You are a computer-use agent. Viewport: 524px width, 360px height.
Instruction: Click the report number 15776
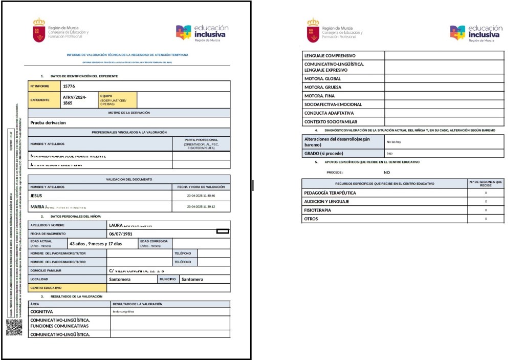69,87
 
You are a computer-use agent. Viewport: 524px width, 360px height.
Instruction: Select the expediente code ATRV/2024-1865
74,100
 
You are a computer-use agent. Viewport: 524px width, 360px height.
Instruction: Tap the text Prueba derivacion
48,123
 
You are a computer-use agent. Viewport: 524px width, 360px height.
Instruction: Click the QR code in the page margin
14,327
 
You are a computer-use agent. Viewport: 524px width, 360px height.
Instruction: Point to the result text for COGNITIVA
123,311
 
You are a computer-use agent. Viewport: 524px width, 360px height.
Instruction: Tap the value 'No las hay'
393,141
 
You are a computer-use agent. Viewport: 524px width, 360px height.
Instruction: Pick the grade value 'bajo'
389,153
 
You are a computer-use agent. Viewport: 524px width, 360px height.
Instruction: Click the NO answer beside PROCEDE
387,173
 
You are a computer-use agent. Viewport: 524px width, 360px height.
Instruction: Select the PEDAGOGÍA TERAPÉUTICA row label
330,193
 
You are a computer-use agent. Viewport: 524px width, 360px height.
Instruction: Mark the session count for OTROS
486,219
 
